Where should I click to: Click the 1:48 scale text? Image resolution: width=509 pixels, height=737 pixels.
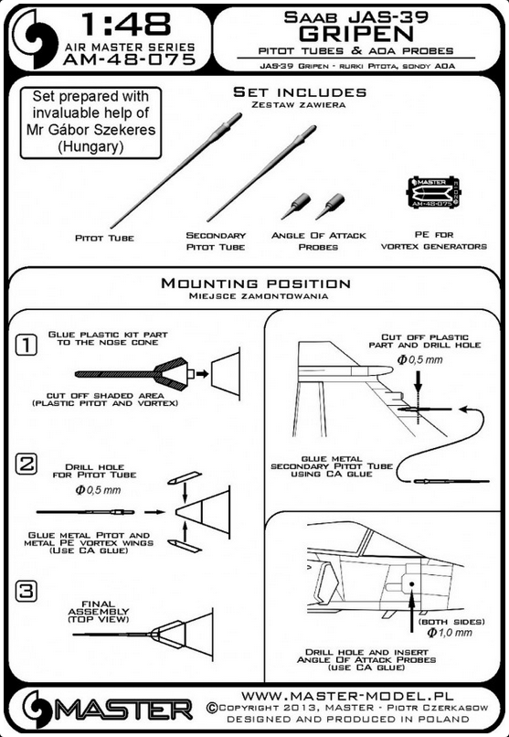point(127,25)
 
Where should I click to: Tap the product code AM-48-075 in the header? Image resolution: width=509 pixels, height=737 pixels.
point(129,59)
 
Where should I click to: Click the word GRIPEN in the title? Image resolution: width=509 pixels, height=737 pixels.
point(356,34)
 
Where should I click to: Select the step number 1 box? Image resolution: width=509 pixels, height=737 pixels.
point(27,346)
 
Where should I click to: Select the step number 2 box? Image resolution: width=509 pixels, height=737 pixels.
point(27,464)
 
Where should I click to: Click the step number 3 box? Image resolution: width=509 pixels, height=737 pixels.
point(27,591)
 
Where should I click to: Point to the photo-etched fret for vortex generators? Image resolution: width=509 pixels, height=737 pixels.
point(432,192)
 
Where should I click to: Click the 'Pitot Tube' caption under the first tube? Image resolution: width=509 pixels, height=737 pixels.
point(105,239)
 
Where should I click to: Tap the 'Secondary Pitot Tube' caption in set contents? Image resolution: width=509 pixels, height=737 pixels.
point(216,241)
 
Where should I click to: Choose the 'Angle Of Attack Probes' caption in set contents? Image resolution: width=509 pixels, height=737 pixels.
point(318,241)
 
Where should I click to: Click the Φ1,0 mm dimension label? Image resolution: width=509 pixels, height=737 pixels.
point(450,633)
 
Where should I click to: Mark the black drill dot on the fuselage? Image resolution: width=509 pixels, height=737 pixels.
point(411,584)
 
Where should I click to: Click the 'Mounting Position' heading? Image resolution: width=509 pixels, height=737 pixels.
point(256,283)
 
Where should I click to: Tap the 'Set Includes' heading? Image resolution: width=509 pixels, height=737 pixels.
point(300,92)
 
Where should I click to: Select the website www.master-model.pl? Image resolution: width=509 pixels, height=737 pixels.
point(347,695)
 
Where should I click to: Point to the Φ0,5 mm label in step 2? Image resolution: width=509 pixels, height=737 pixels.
point(98,490)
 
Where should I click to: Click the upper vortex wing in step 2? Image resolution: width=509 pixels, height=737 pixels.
point(185,477)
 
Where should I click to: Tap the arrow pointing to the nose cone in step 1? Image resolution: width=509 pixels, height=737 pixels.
point(202,374)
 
